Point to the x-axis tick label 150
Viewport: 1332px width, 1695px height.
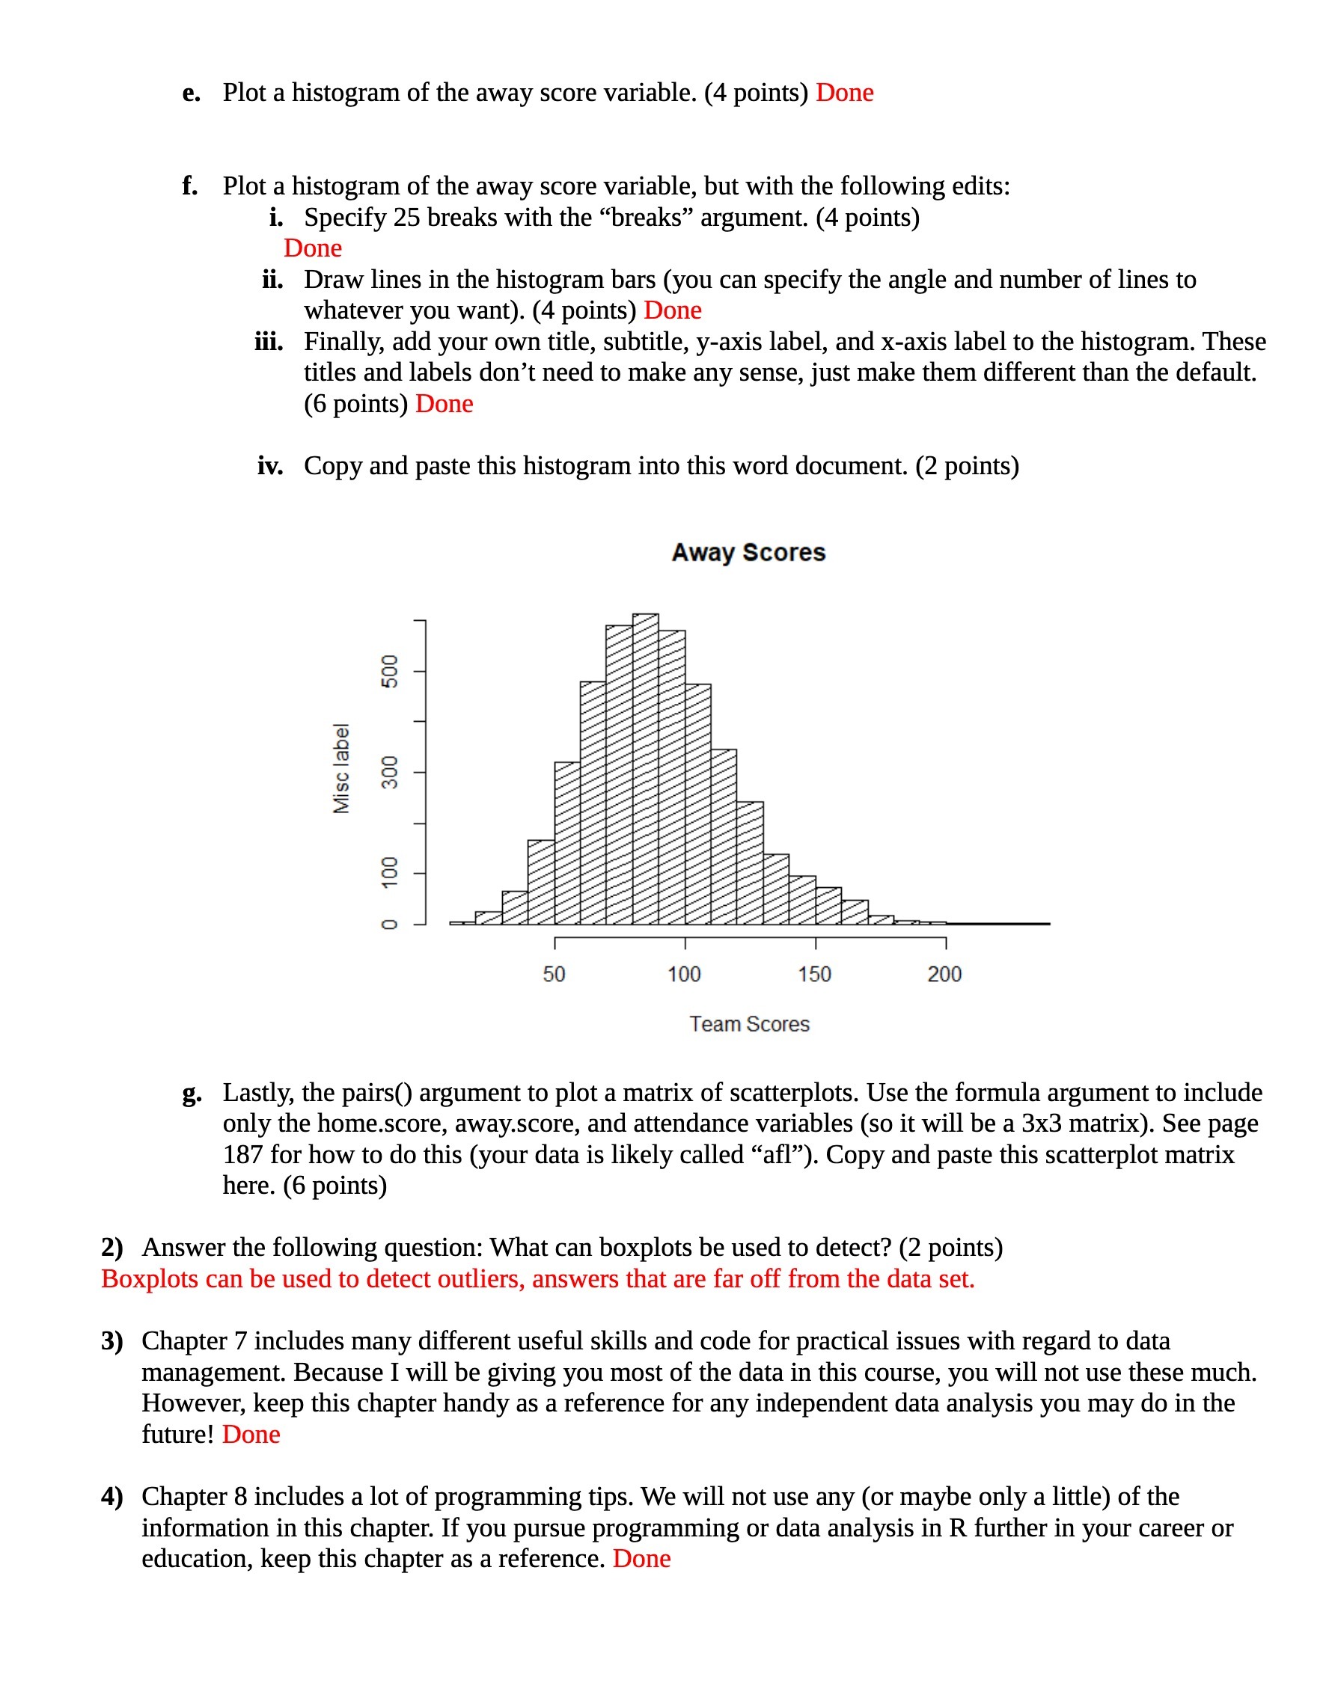[814, 974]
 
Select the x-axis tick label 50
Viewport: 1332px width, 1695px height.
[554, 974]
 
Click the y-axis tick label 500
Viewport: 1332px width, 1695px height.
[389, 671]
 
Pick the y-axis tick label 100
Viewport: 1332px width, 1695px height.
[389, 872]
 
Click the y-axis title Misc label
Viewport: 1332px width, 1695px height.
[341, 768]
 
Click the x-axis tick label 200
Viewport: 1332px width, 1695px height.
[944, 974]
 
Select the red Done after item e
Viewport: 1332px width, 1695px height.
[845, 93]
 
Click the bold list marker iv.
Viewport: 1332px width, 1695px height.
[270, 466]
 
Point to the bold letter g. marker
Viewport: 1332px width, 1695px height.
[192, 1093]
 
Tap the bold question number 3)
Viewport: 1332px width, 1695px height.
[112, 1341]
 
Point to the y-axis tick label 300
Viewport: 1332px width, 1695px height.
[389, 772]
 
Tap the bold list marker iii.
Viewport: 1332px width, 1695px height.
[269, 342]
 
